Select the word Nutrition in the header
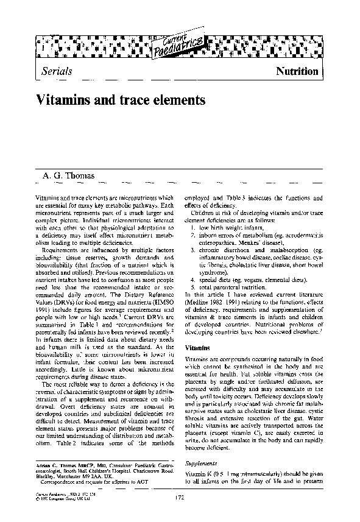[x=297, y=71]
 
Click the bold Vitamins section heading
[x=197, y=348]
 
